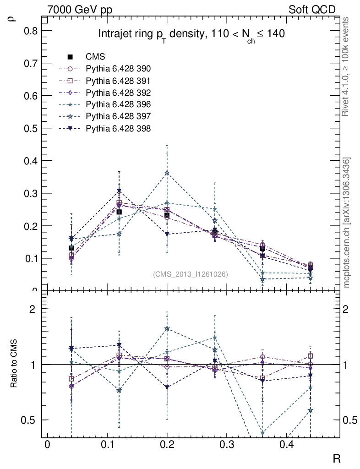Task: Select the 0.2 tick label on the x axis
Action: (x=167, y=445)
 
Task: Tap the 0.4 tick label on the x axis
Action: (x=287, y=445)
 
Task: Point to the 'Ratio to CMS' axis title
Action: (x=15, y=365)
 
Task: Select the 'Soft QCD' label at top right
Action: (x=312, y=10)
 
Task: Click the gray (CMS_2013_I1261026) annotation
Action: (x=190, y=274)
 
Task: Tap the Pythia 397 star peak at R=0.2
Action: (x=167, y=173)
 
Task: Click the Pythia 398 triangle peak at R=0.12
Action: (x=119, y=191)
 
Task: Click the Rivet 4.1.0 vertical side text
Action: (x=347, y=66)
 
